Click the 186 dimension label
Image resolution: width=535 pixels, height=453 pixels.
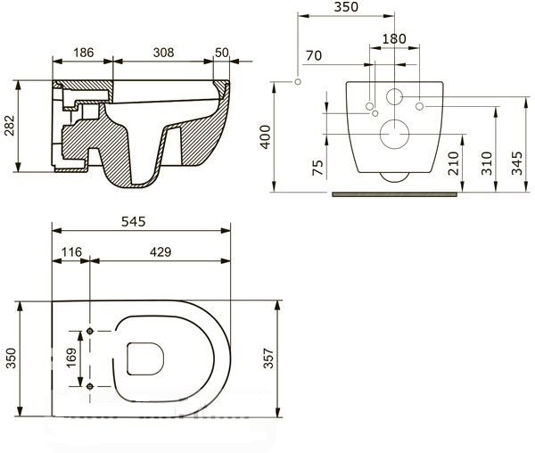pos(84,53)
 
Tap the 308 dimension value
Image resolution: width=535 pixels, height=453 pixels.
pos(163,53)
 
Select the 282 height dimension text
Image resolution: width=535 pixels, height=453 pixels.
pos(10,126)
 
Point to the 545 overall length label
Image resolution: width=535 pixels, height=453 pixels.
pos(134,222)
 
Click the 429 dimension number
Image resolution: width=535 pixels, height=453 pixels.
pos(160,252)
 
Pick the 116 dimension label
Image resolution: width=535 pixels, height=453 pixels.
pos(71,252)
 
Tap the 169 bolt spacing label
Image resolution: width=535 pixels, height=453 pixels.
pos(71,358)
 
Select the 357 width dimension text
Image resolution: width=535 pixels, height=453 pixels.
pos(268,358)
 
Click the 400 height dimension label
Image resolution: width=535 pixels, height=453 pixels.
pos(265,137)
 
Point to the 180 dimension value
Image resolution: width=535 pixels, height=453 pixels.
pos(394,39)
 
